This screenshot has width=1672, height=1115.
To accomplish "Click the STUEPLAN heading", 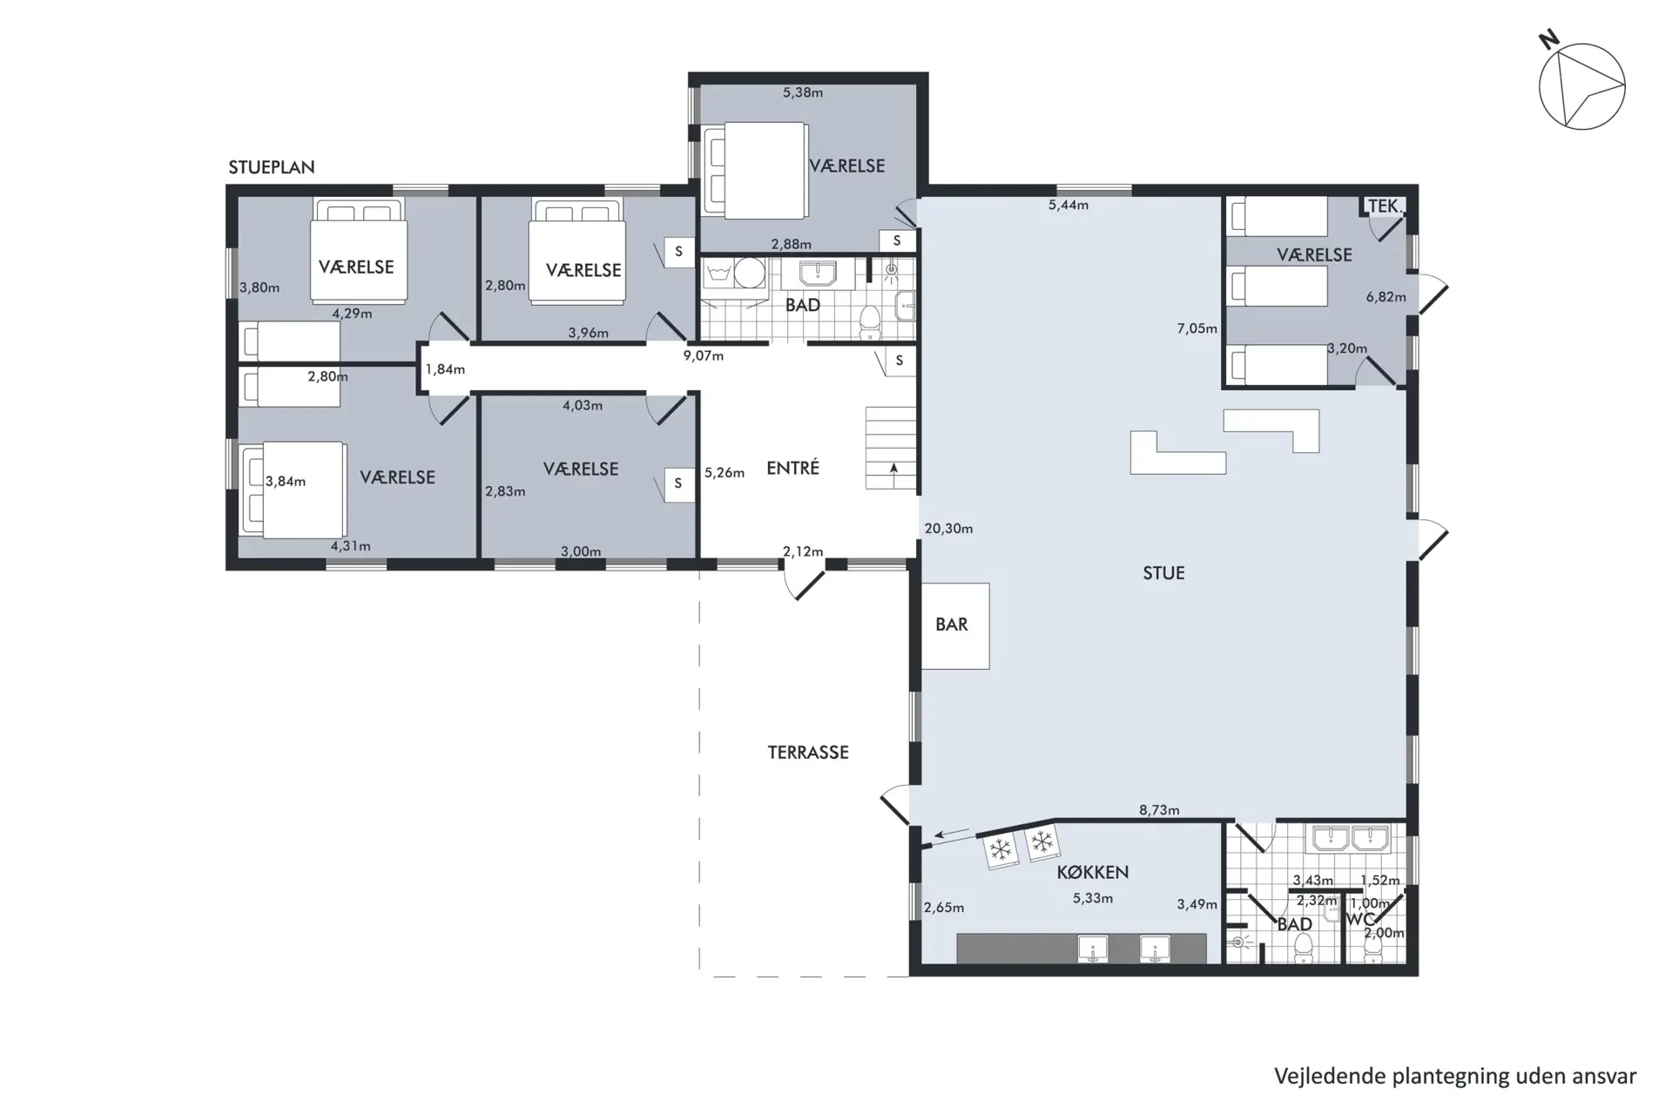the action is pos(272,167).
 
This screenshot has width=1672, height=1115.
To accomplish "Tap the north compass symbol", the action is pos(1581,87).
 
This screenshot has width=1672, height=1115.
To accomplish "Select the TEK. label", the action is pos(1385,206).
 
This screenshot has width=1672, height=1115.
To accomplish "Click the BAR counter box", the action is pos(954,625).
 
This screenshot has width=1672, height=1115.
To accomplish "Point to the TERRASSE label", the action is pos(808,753).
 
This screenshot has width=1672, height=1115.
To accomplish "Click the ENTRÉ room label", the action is pos(792,468).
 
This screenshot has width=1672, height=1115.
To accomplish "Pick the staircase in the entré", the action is pos(891,448).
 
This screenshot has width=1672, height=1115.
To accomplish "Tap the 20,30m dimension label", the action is pos(948,529).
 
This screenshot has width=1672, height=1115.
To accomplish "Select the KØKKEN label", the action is pos(1093,872).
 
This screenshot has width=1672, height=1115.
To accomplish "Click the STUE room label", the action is pos(1163,573).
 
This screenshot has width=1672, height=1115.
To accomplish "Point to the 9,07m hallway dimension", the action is pos(704,356).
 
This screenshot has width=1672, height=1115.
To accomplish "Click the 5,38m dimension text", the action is pos(803,92).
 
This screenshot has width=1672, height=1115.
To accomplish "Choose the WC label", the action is pos(1360,920).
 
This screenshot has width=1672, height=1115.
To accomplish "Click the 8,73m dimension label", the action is pos(1159,810).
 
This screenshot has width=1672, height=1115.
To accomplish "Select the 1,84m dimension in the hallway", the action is pos(445,369).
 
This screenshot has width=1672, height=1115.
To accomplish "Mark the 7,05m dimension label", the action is pos(1197,328).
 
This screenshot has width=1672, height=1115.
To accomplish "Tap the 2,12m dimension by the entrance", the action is pos(803,551).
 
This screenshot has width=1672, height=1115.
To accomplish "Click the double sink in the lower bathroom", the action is pos(1348,839).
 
